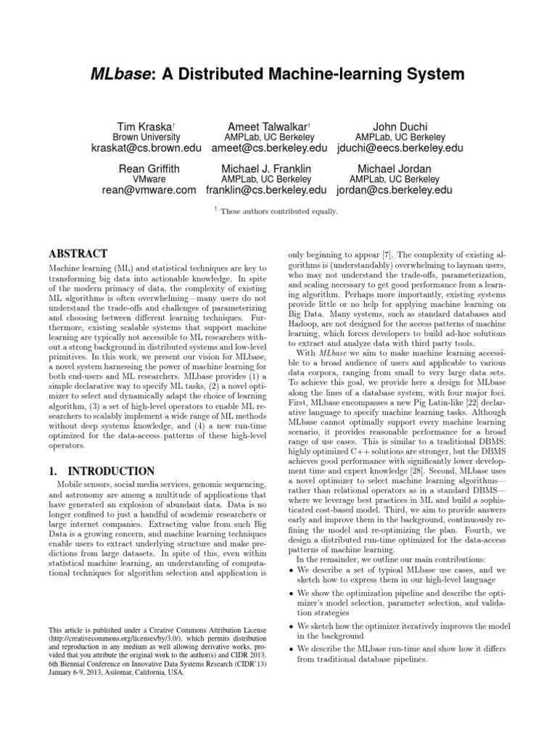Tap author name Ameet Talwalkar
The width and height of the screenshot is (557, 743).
259,124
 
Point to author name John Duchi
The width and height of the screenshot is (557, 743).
400,124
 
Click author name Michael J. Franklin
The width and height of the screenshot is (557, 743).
266,168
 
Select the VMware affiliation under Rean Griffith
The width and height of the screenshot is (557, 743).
149,179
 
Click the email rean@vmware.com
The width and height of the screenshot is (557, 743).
149,191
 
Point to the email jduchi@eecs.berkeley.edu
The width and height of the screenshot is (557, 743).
400,149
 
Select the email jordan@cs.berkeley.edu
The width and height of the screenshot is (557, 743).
395,191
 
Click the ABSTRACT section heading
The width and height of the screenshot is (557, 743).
78,255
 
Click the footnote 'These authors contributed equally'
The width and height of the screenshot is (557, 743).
278,211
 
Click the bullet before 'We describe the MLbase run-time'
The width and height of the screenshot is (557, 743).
292,648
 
